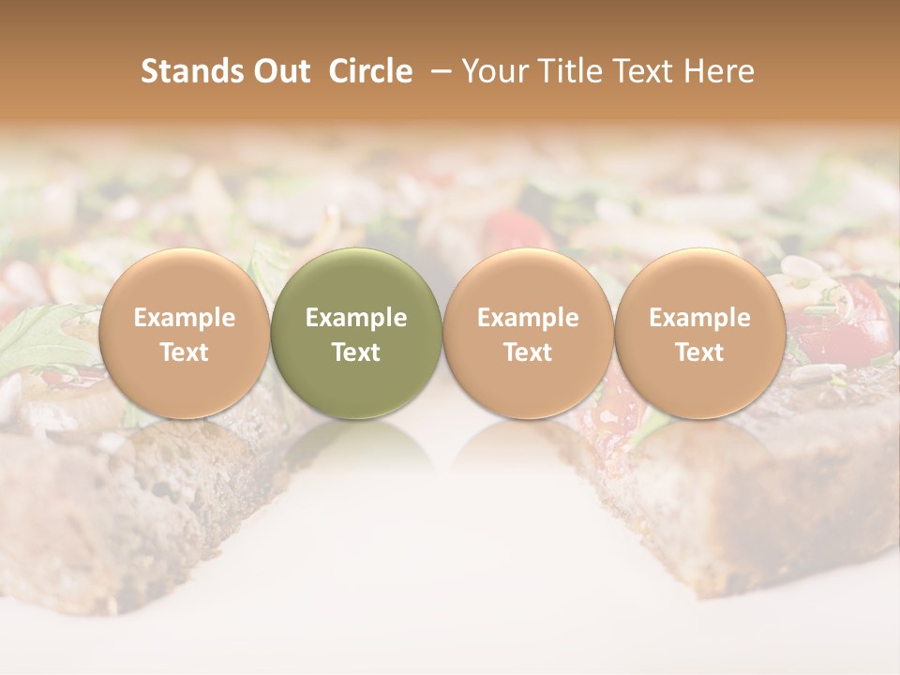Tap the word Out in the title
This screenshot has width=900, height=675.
coord(278,71)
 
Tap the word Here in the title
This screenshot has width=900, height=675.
coord(722,71)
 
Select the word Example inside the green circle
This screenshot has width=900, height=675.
coord(356,318)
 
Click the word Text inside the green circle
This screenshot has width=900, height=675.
coord(356,352)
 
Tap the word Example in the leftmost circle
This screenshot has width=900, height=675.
coord(184,318)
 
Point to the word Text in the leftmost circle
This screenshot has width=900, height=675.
coord(184,352)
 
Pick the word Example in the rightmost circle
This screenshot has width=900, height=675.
coord(699,318)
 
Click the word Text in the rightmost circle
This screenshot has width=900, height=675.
coord(699,352)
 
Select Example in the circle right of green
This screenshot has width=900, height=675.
coord(528,318)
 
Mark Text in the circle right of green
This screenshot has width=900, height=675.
coord(528,352)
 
